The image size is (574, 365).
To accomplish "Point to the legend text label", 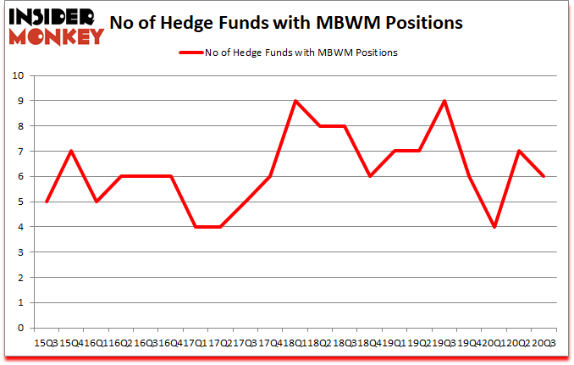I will [301, 53].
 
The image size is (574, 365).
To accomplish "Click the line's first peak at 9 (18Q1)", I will [295, 101].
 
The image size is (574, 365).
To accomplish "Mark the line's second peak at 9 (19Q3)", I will [444, 101].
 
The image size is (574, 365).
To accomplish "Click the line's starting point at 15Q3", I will [46, 202].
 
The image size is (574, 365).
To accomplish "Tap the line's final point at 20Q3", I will [544, 176].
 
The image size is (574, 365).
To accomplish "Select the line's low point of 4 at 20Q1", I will [494, 227].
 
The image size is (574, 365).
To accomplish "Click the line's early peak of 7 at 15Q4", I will [71, 152].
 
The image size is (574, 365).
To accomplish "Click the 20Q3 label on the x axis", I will [544, 343].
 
